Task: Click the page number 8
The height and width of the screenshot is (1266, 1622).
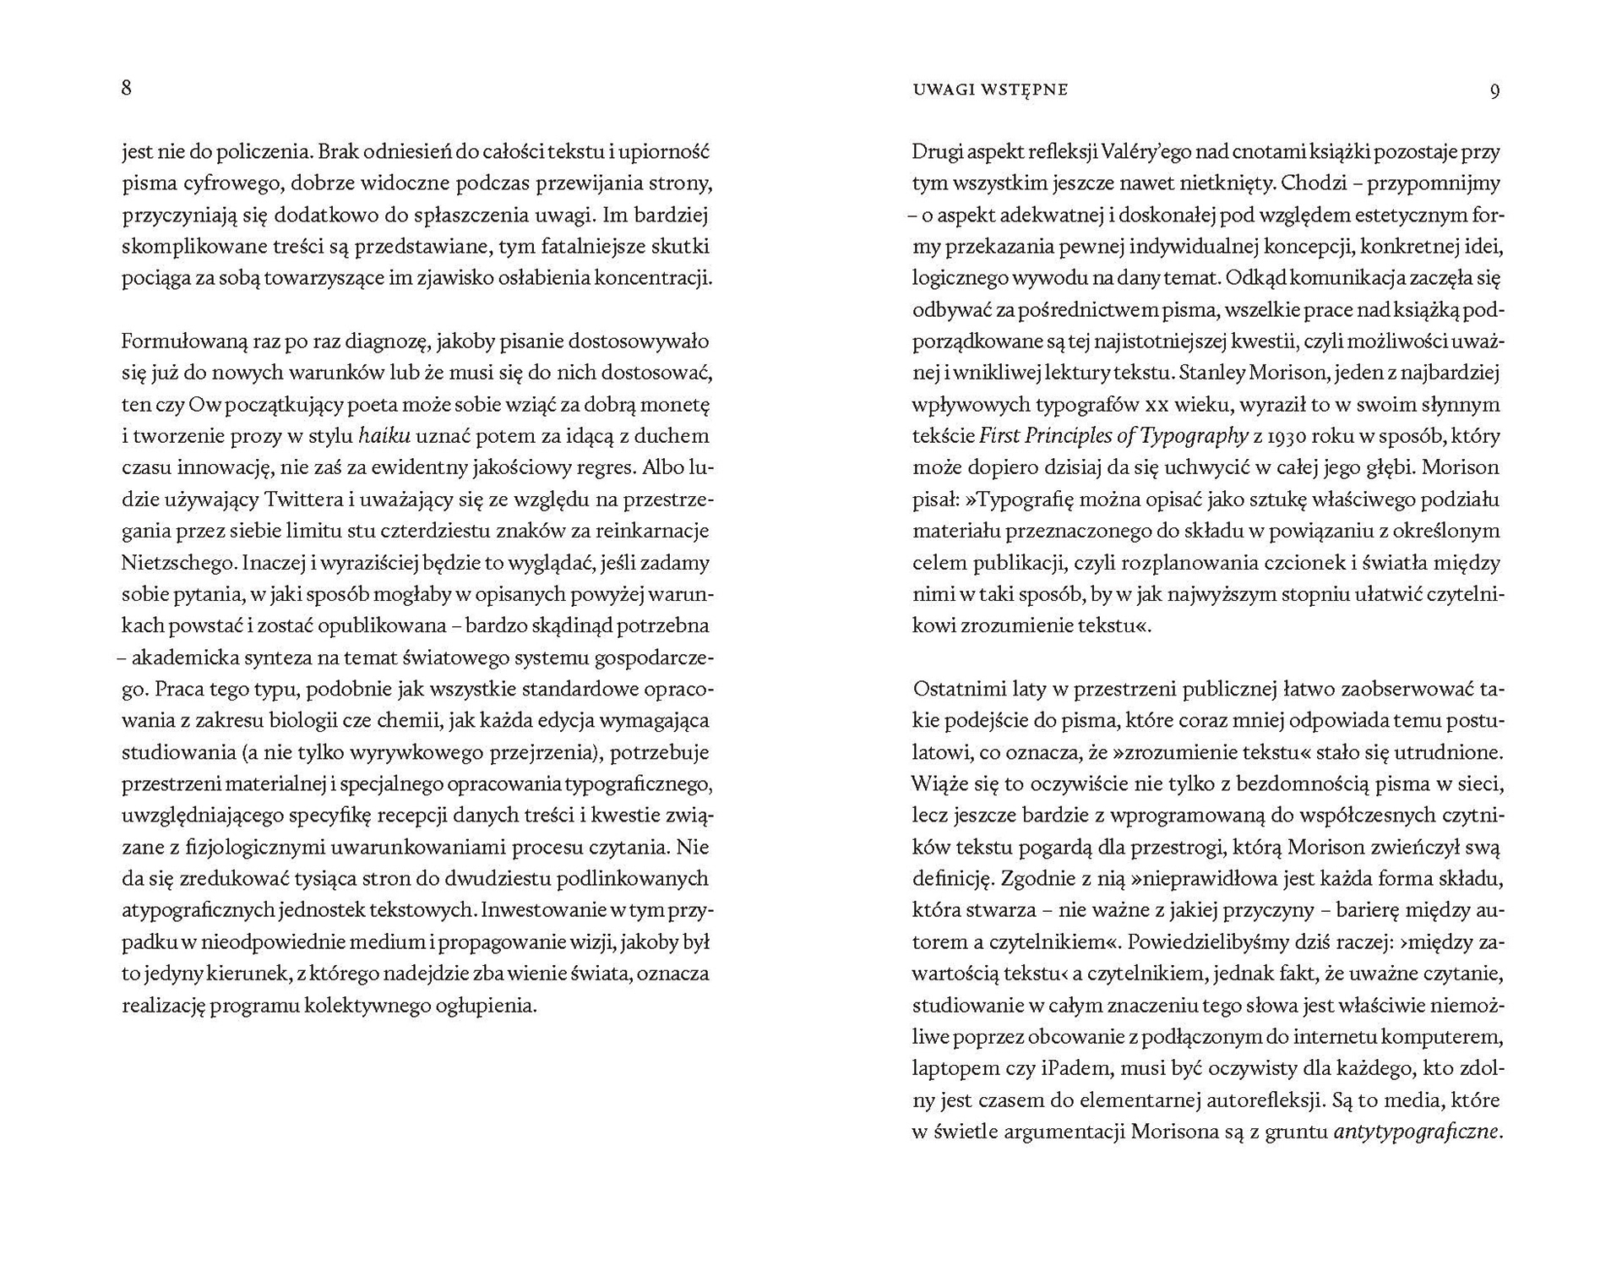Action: point(127,88)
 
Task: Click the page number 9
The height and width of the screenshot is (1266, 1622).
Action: point(1494,90)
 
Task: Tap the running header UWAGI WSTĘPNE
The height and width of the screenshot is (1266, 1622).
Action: point(990,90)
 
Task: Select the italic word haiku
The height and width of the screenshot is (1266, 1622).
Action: point(384,436)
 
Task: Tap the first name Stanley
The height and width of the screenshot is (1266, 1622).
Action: point(1211,373)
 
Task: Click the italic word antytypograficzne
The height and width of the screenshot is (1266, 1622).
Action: point(1415,1132)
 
